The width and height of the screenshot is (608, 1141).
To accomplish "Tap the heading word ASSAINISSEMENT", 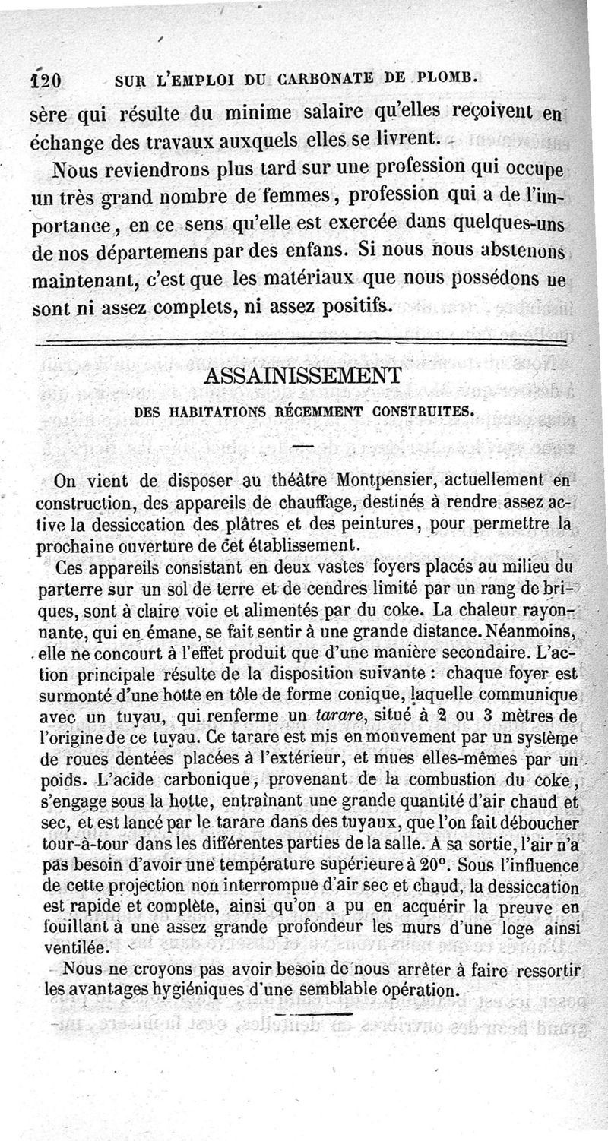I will [x=304, y=375].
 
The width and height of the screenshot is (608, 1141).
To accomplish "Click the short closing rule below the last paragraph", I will [x=313, y=1014].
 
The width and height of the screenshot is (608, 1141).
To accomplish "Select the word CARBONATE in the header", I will [x=332, y=77].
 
